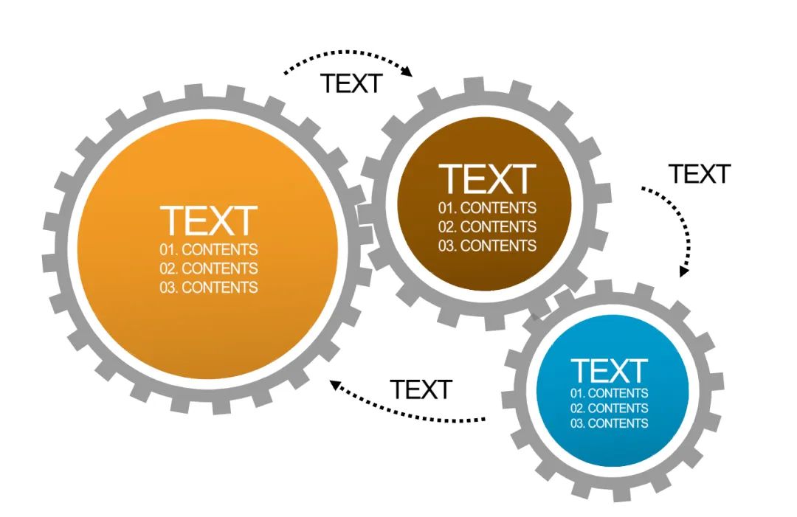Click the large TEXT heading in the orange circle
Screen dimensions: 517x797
[x=209, y=221]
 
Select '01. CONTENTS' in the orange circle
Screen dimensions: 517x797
[x=209, y=249]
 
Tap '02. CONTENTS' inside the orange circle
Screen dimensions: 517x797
[x=209, y=268]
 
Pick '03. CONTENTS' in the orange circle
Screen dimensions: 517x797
[x=209, y=288]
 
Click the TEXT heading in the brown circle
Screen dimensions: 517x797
[x=487, y=180]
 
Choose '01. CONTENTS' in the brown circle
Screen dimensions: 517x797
[x=487, y=208]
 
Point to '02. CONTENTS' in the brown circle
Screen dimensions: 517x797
[x=487, y=227]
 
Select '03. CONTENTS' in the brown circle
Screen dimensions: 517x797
[x=487, y=246]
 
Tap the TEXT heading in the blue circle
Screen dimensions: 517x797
[x=610, y=370]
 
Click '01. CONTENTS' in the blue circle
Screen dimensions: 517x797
[x=610, y=393]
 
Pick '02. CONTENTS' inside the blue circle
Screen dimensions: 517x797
[x=610, y=408]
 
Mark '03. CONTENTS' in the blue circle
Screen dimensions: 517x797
[x=610, y=423]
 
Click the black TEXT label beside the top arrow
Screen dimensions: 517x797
[x=351, y=84]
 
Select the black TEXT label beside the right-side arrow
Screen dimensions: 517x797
[x=699, y=174]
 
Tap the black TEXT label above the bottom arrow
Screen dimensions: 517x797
[x=421, y=389]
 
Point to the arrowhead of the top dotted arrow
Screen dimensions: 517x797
[x=407, y=72]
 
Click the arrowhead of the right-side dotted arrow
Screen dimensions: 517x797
[x=684, y=270]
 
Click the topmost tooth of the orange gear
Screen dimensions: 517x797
[x=193, y=91]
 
